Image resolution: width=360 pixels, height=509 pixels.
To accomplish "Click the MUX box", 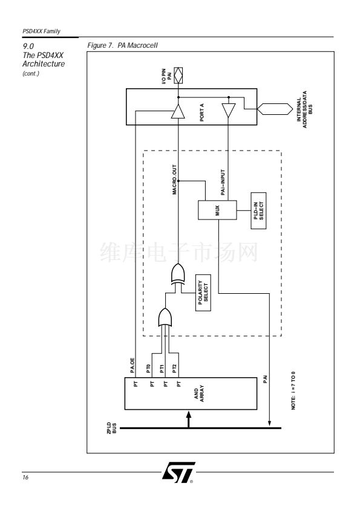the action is tap(217, 210).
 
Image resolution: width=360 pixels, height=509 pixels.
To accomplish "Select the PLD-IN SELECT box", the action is tap(258, 211).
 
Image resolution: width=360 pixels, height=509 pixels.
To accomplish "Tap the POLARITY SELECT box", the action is tap(203, 293).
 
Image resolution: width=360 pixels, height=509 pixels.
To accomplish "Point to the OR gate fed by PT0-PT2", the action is tap(165, 317).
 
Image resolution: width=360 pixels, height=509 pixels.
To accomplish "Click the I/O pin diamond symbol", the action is tap(178, 76).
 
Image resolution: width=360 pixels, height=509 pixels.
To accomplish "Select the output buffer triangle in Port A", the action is tap(178, 111).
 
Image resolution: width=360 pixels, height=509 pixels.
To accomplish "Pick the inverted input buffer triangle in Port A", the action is tap(229, 111).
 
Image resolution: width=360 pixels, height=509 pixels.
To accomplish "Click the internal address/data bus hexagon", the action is tap(275, 109).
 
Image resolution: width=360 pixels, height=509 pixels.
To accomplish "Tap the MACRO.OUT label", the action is tap(174, 180).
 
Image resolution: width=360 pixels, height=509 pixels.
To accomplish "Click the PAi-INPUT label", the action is tap(223, 183).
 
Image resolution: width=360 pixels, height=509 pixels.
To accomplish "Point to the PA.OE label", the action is tap(133, 365).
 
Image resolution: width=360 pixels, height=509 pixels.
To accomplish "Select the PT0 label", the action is tap(148, 368).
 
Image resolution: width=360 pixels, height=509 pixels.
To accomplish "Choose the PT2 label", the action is tap(175, 368).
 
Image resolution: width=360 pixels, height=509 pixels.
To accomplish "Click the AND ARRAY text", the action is tap(199, 394).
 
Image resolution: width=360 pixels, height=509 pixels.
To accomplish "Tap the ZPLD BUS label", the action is tap(112, 428).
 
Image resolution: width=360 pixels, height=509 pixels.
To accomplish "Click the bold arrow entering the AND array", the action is tap(188, 419).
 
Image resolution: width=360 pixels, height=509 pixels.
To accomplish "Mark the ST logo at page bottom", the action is tap(178, 472).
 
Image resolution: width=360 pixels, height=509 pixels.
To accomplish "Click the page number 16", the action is tap(25, 477).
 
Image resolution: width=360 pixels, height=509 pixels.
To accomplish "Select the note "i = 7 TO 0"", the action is tap(293, 390).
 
